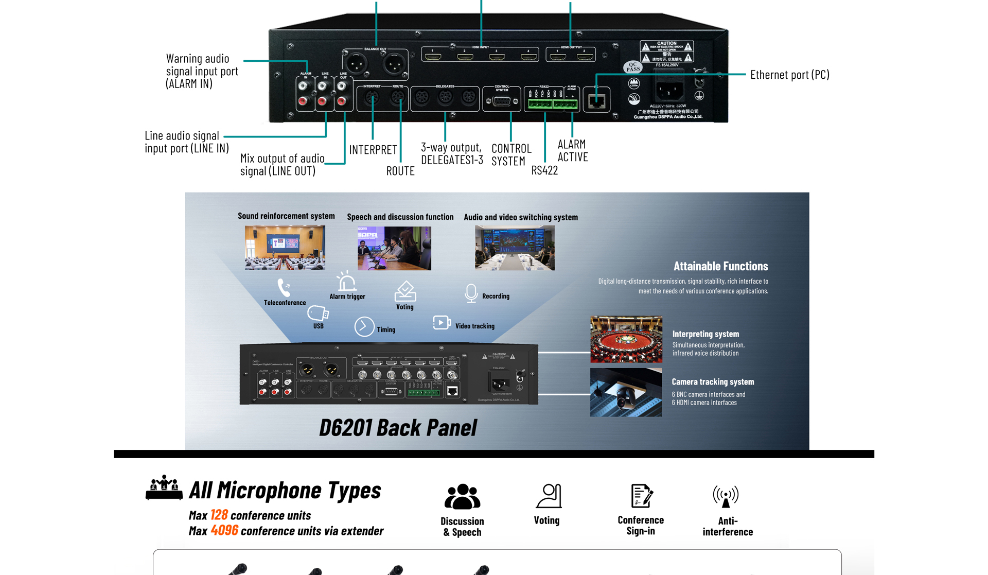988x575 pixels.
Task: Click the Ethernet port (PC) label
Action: point(789,75)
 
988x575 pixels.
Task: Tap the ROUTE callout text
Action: point(400,171)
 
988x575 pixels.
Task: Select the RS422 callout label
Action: point(544,171)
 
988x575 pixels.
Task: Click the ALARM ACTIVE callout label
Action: point(572,151)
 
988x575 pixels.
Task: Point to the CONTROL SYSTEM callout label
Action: point(511,154)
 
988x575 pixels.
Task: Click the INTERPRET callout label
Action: point(373,150)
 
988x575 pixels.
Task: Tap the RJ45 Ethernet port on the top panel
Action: point(596,100)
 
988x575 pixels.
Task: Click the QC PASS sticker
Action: point(632,67)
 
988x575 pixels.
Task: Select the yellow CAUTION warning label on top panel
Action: point(666,51)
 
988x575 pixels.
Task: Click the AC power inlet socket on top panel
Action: point(669,90)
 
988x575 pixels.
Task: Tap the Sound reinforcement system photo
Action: point(285,248)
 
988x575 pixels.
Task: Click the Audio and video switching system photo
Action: point(515,248)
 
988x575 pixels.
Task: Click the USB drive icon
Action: point(317,313)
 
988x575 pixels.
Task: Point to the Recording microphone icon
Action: point(471,293)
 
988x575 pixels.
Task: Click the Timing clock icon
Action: point(364,327)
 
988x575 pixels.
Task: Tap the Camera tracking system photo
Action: point(626,392)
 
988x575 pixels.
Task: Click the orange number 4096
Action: point(224,530)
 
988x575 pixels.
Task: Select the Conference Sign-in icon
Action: point(641,496)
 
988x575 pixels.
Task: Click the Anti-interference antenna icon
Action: point(726,496)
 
